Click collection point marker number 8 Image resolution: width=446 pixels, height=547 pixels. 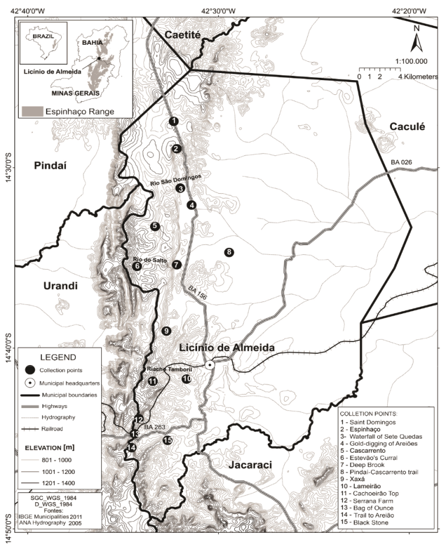[x=229, y=252]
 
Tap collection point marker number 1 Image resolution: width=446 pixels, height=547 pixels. [x=173, y=121]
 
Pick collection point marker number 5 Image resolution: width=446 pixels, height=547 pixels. [x=155, y=226]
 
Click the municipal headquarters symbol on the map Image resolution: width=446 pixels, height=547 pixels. [x=210, y=365]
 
